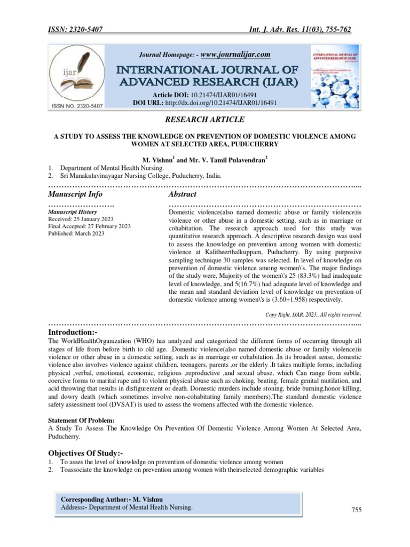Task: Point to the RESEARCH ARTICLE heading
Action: [204, 120]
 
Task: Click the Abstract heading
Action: [182, 194]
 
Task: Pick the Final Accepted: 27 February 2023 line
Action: [89, 226]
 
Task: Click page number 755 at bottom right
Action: [356, 511]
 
